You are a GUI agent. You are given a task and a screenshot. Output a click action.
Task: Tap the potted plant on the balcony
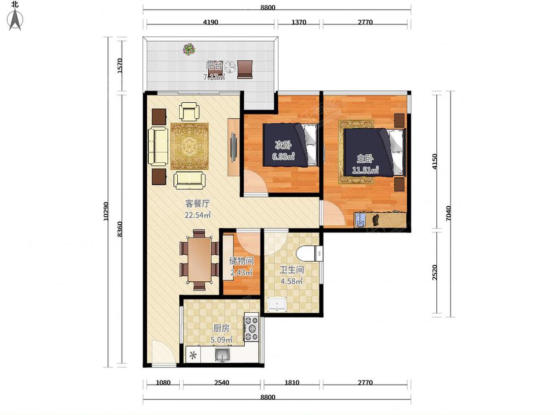point(190,49)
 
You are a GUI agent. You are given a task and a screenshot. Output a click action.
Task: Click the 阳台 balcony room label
point(215,65)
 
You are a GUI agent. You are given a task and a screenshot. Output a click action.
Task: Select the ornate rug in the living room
point(190,146)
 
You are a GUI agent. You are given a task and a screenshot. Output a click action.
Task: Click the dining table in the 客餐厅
point(199,260)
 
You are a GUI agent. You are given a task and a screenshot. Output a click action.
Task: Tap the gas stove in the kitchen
point(252,328)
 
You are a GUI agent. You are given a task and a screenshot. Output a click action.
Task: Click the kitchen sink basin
point(222,354)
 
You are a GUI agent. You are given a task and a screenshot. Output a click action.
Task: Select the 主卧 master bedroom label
point(364,158)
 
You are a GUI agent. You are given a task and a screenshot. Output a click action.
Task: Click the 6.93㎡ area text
point(283,156)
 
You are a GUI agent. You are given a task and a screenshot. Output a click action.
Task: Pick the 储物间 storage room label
point(241,261)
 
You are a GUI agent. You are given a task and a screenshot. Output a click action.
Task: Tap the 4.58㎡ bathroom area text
point(292,281)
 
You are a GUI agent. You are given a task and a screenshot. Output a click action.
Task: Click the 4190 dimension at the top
point(211,22)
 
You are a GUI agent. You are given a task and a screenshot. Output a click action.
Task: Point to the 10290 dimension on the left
point(106,211)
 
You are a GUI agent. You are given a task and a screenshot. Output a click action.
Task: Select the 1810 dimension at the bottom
point(292,383)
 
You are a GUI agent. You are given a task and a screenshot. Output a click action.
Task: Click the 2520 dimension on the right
point(435,272)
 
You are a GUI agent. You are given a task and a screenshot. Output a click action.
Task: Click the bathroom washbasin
point(277,304)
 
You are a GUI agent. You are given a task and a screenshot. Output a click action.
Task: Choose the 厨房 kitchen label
point(222,328)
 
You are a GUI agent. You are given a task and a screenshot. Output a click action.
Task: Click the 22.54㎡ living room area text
point(198,214)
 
